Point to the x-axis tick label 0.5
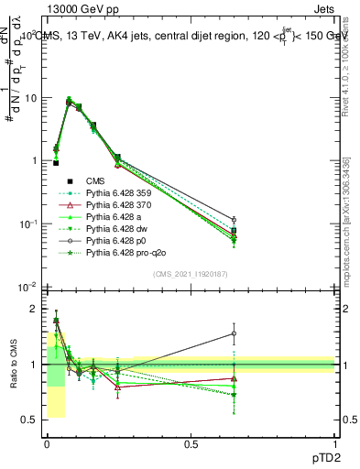click(191, 444)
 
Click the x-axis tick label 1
click(335, 444)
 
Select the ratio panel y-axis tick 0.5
click(29, 420)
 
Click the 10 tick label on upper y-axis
click(31, 98)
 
